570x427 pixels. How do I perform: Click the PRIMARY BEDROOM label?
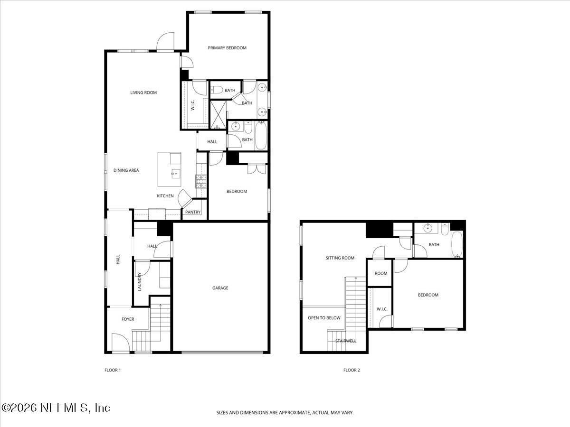coord(227,48)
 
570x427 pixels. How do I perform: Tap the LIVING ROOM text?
coord(143,93)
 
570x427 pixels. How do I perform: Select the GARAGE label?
coord(220,288)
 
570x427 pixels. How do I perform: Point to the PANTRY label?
coord(193,213)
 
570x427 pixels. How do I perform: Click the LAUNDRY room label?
coord(140,281)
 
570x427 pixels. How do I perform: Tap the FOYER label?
coord(128,319)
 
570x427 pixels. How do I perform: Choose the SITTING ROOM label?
coord(340,258)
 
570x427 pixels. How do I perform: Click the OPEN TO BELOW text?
coord(324,318)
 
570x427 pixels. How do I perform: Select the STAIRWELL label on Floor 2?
coord(345,341)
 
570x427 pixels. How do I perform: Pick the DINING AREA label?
coord(126,170)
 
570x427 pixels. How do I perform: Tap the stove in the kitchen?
coord(200,181)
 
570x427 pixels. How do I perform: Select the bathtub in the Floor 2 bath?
coord(456,244)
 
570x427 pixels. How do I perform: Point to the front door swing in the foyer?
coord(119,341)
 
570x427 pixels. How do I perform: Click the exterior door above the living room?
coord(166,42)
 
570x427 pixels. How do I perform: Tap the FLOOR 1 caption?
coord(113,370)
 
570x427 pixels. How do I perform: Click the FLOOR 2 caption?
coord(351,370)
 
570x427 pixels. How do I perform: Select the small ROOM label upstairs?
coord(381,273)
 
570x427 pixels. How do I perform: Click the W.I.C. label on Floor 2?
coord(382,309)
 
